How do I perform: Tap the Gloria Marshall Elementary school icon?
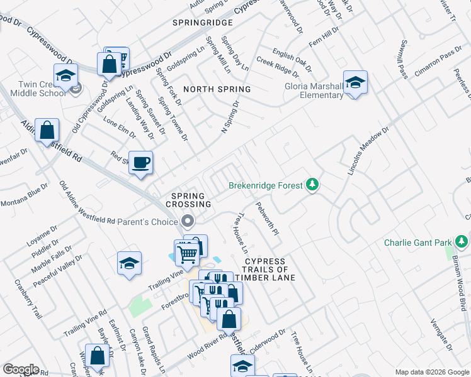355,82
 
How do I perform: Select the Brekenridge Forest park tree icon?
312,185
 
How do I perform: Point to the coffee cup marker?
140,163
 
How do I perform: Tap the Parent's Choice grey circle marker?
187,221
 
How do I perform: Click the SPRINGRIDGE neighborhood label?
203,23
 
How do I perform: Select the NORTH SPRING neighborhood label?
217,89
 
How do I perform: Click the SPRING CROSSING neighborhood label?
188,200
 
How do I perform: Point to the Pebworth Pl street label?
266,217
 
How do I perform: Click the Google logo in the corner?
21,369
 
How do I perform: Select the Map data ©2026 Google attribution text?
431,371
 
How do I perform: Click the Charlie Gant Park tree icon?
462,242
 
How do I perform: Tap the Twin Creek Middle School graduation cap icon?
65,76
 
